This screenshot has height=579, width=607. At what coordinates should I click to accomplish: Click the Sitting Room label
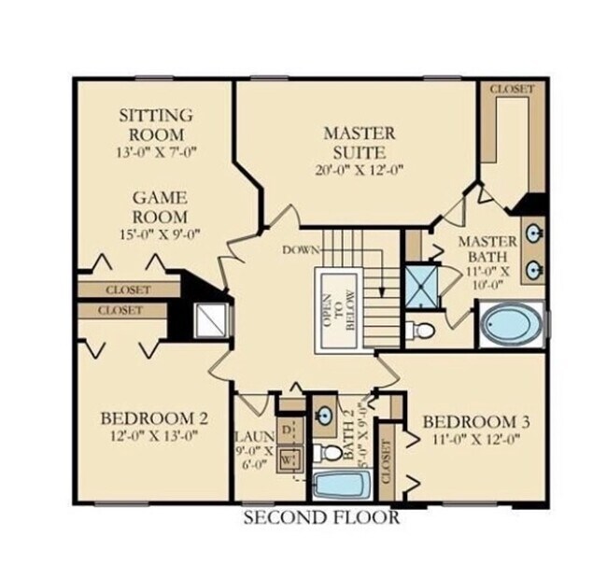156,124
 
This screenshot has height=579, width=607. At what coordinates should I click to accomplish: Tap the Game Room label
160,206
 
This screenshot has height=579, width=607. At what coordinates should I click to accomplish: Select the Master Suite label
360,141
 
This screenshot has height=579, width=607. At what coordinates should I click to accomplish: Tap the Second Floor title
321,516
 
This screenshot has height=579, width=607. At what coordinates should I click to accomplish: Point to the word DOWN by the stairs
301,250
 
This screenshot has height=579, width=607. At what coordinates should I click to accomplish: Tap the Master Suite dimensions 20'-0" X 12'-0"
360,170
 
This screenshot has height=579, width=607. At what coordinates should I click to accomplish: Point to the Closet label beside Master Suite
512,90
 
